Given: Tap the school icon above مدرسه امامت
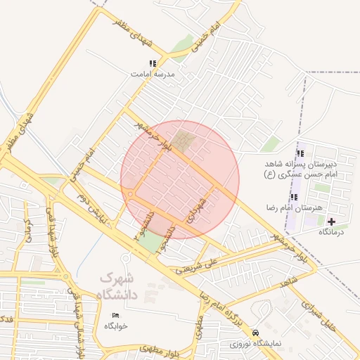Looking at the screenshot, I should [153, 64].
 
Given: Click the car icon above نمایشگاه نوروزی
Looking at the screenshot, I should [255, 333].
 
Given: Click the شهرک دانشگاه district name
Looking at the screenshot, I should [117, 288].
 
